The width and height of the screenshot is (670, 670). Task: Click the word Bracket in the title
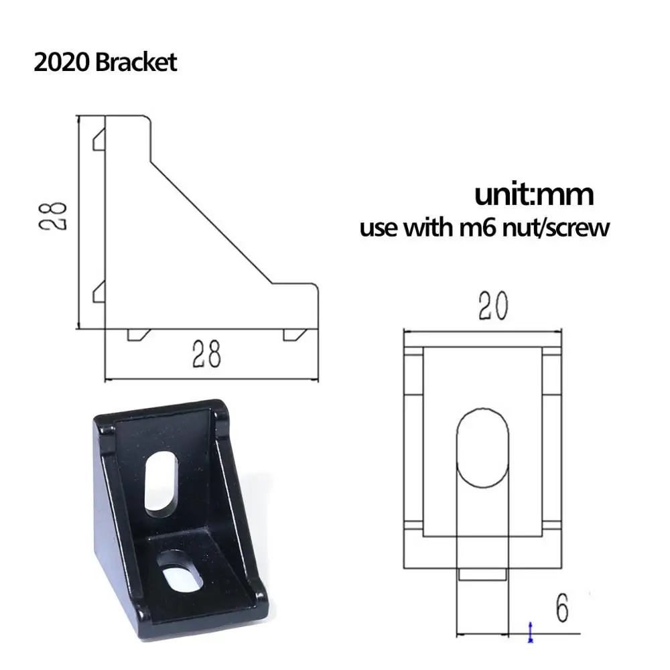(136, 62)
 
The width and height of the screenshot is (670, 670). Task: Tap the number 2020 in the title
(62, 62)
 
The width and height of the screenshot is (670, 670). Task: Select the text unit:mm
(534, 194)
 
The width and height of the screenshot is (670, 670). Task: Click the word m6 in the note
(477, 227)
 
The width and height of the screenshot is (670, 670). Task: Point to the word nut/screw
(555, 228)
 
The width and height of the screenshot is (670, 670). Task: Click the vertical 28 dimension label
(53, 216)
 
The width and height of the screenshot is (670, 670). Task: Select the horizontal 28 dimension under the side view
(206, 354)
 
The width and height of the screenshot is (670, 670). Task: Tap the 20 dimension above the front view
(493, 306)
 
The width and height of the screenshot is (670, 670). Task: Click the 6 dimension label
(562, 608)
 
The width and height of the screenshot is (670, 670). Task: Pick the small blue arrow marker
(530, 632)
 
